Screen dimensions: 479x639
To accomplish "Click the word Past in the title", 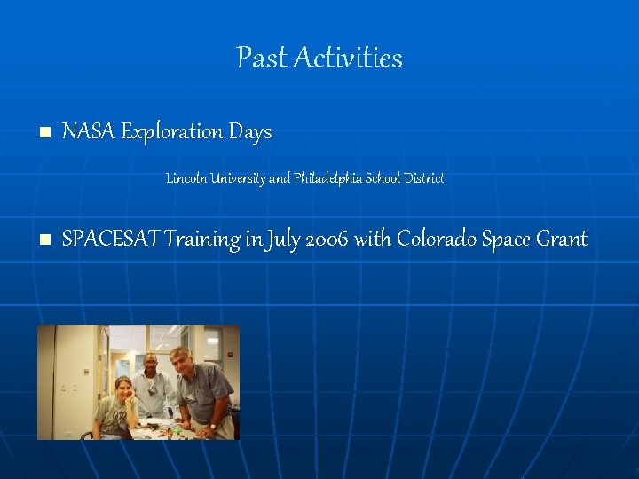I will coord(262,58).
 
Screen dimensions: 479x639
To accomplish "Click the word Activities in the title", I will coord(347,58).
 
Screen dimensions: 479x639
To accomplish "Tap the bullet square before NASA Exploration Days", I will coord(45,133).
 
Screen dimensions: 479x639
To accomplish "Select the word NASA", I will coord(89,132).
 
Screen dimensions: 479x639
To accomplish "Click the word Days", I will coord(250,132).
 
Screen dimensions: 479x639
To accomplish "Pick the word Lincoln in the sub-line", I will coord(185,178).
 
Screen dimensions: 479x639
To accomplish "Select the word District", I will coord(424,178).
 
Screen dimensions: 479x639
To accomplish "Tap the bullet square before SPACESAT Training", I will coord(45,239).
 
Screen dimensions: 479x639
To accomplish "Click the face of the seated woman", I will coord(122,390).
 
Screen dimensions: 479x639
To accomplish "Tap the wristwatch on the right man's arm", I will coord(212,426).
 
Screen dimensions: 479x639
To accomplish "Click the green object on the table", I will coord(177,430).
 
